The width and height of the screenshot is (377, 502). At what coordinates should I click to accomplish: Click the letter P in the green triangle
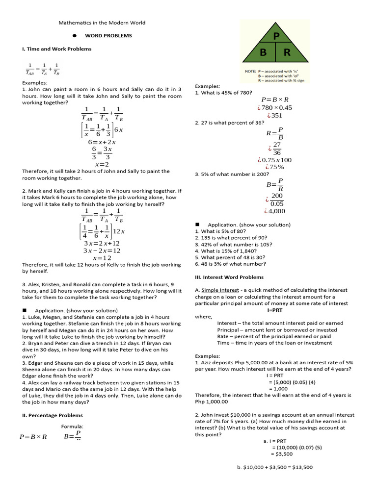point(276,36)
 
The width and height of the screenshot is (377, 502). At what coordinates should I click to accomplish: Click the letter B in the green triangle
point(264,52)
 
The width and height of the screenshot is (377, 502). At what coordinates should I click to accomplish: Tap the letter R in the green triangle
point(287,52)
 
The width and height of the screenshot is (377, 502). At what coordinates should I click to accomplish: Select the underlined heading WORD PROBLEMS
point(108,36)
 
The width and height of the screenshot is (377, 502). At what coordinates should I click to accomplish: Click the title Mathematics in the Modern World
point(102,23)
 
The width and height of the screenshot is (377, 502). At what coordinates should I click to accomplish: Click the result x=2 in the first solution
point(102,164)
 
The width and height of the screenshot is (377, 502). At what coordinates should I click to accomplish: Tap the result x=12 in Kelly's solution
point(102,258)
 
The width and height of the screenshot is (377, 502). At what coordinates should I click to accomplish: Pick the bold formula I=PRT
point(275,310)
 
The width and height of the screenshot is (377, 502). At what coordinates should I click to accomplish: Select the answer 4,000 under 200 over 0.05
point(275,211)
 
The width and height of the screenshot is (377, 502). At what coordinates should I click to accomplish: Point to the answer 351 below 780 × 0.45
point(275,116)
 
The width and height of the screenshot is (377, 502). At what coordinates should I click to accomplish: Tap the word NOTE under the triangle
point(250,71)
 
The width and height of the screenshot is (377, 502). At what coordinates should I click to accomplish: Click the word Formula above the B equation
point(72,427)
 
